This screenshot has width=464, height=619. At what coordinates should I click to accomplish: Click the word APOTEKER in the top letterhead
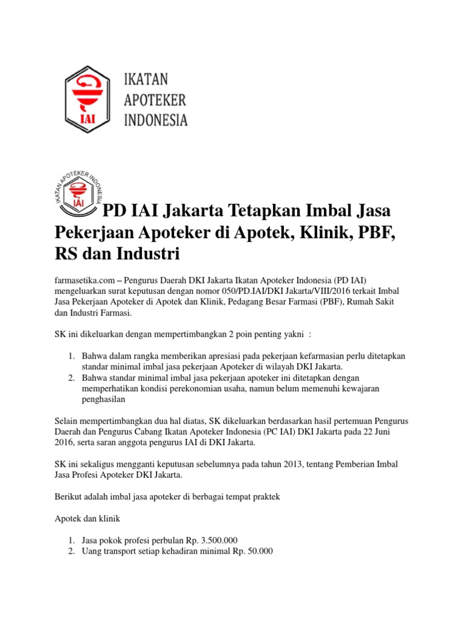[x=155, y=100]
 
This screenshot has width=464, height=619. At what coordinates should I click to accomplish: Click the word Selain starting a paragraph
[x=68, y=420]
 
